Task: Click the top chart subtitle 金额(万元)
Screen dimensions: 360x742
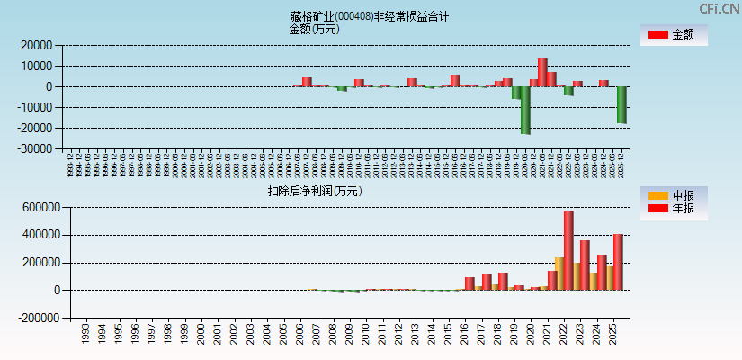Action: [x=314, y=29]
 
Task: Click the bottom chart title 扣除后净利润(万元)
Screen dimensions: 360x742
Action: [x=315, y=191]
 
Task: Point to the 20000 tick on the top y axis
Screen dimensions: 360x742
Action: [x=37, y=45]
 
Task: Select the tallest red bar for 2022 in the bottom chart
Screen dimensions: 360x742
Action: [x=568, y=251]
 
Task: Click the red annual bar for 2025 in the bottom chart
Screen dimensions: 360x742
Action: [x=618, y=262]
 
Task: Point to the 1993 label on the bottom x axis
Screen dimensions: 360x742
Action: [x=85, y=335]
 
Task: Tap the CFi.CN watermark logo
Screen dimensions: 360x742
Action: [x=719, y=8]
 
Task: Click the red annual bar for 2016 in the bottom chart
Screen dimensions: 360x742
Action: [x=469, y=283]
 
